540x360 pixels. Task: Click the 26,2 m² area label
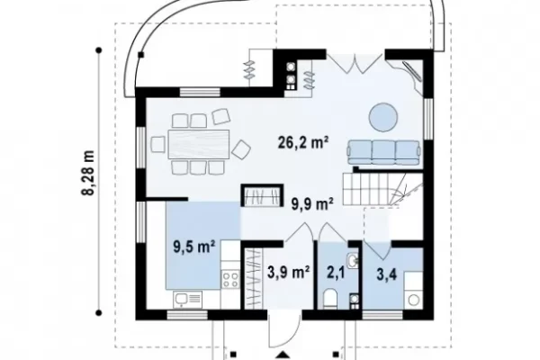coord(302,142)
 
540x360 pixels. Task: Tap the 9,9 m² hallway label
coord(312,204)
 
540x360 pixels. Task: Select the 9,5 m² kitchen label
coord(194,247)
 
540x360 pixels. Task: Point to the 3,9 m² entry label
coord(288,273)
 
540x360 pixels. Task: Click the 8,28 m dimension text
coord(88,173)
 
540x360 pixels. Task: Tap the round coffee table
coord(383,117)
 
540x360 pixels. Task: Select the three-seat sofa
coord(384,152)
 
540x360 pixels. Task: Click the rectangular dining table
coord(199,144)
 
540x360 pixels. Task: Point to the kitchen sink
coord(188,299)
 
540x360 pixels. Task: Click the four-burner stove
coord(230,279)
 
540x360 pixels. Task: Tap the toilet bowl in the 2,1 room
coord(331,298)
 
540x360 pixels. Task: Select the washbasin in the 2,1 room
coord(353,260)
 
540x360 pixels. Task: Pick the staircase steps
coord(382,190)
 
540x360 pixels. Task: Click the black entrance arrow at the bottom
coord(283,355)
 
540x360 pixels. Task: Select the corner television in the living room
coord(411,72)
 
